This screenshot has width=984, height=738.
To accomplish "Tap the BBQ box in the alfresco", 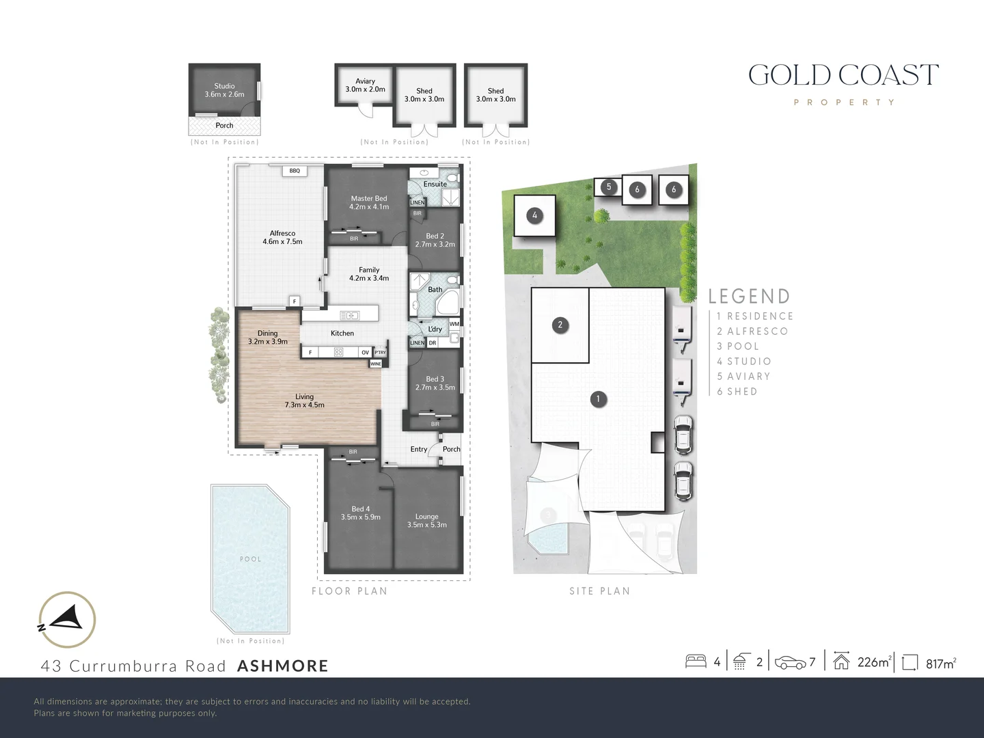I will pos(295,171).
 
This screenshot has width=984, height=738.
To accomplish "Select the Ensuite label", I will pos(435,184).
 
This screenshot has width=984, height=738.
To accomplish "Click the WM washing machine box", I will pos(454,323).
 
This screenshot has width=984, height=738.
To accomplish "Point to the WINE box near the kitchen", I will pos(375,364).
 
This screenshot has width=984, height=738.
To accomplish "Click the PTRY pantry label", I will pos(381,353).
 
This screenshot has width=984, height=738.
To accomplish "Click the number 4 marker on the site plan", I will pos(534,216).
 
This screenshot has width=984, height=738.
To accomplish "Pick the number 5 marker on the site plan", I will pos(609,187).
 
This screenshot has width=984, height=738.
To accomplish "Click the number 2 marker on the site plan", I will pos(560,325).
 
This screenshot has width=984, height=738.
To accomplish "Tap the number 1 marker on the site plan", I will pos(598,399).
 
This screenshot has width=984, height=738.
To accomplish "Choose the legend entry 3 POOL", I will pos(738,346).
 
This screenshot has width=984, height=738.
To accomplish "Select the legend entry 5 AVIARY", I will pos(743,377).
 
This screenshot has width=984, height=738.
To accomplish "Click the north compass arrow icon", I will pos(67,620).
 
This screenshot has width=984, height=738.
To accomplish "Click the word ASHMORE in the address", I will pos(282,666).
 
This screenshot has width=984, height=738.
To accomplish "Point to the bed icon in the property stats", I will pos(696,661).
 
